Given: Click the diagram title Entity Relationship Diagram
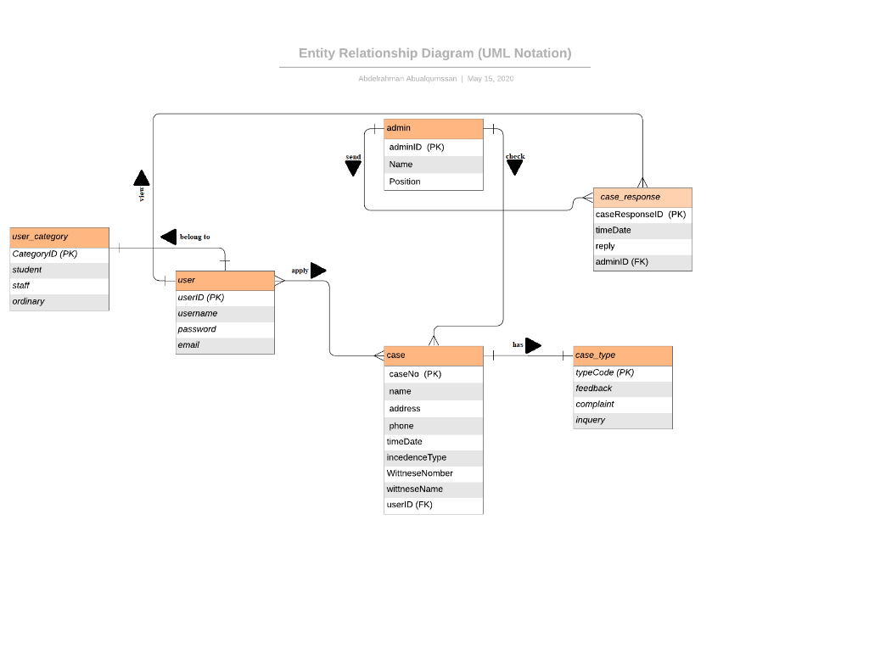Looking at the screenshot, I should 434,53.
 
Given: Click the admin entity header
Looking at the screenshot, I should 433,128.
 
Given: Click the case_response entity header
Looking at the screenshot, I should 642,197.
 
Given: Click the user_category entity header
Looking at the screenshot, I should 59,237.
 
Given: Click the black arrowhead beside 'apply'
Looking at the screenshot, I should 317,271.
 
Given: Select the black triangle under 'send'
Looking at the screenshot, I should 353,168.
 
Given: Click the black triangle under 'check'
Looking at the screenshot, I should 514,167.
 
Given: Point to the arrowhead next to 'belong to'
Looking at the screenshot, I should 169,237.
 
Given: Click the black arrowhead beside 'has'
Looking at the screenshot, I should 532,345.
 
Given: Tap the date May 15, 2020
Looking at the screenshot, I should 491,79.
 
